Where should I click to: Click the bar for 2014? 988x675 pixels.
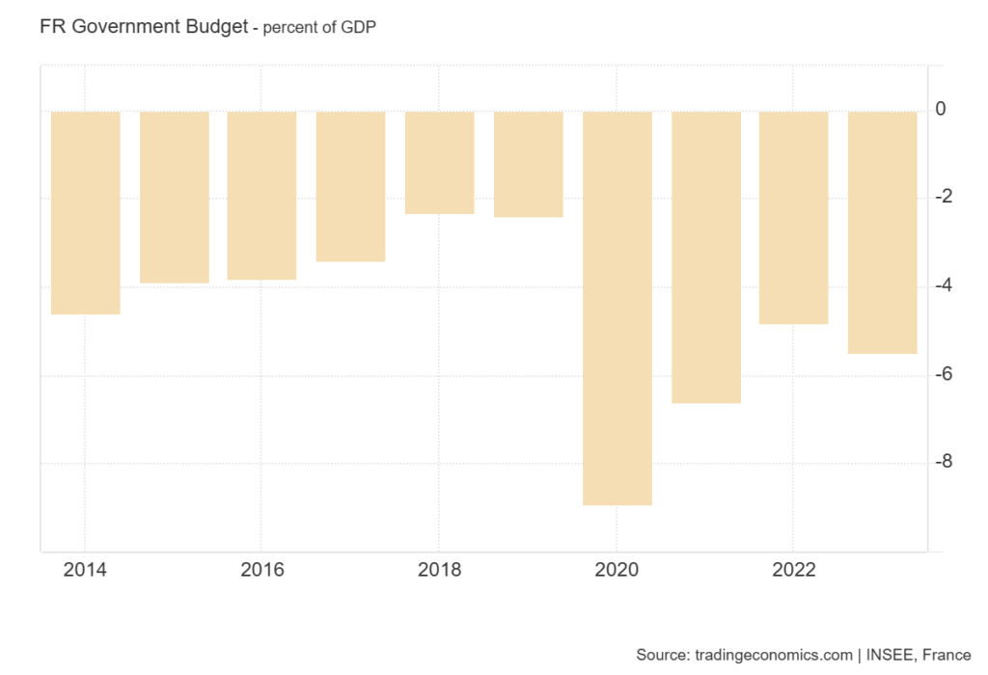click(85, 212)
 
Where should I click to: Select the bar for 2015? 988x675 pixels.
click(174, 197)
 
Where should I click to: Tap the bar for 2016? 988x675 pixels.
click(261, 195)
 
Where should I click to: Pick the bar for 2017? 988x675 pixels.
click(350, 186)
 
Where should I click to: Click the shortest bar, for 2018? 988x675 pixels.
click(439, 162)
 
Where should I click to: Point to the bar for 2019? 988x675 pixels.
click(528, 164)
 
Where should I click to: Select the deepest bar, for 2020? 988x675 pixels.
click(617, 308)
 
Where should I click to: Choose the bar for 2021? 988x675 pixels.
click(705, 256)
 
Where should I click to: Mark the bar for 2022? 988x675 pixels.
click(793, 217)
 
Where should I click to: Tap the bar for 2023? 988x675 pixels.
click(882, 232)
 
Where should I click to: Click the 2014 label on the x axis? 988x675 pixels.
click(85, 570)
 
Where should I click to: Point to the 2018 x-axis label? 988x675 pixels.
click(439, 570)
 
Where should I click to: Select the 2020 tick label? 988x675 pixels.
click(617, 570)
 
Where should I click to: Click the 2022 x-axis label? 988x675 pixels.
click(793, 570)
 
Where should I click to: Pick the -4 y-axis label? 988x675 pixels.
click(948, 285)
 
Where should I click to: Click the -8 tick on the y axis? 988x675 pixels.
click(948, 462)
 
